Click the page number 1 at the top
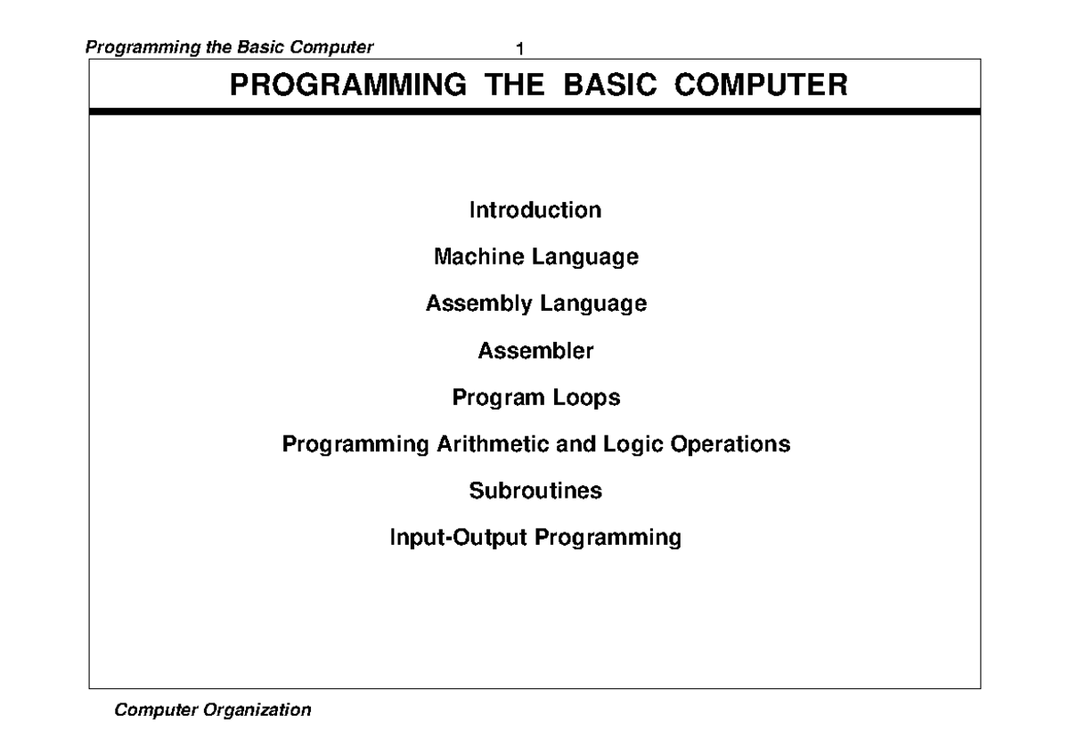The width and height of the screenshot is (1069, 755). tap(520, 49)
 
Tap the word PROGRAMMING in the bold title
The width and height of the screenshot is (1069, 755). tap(348, 85)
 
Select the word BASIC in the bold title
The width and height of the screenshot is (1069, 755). tap(610, 85)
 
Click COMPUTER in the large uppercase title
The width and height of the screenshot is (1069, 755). tap(761, 85)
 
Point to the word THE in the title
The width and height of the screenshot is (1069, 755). tap(515, 85)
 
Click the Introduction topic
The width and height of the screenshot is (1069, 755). tap(535, 210)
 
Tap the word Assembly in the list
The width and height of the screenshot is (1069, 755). tap(478, 304)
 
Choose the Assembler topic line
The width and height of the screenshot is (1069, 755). tap(535, 351)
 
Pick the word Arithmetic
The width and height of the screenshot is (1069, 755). tap(493, 444)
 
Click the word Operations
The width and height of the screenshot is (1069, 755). tap(730, 445)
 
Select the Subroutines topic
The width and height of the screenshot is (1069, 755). tap(535, 491)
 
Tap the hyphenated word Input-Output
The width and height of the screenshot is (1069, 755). tap(459, 538)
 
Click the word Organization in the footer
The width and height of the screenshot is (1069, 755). tap(257, 710)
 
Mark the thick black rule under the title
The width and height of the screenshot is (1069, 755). tap(535, 111)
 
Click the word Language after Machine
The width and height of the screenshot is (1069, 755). tap(585, 257)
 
